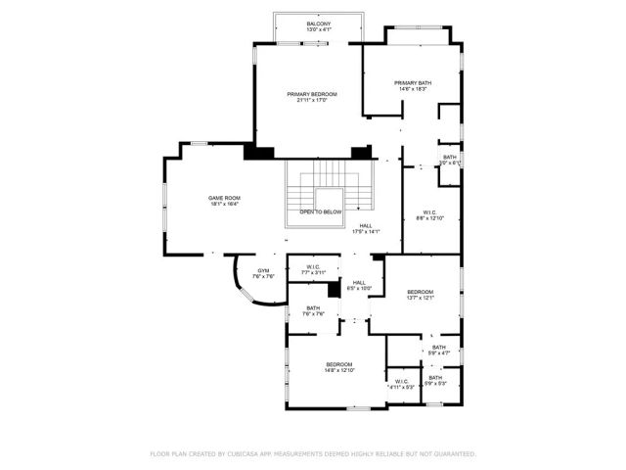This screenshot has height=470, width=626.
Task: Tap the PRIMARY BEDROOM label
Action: coord(314,94)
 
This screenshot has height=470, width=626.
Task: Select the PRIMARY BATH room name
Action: coord(413,83)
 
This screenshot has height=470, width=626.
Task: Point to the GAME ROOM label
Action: coord(224,199)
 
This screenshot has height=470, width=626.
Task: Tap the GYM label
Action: coord(263,270)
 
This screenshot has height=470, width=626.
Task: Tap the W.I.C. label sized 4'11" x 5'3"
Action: coord(402,382)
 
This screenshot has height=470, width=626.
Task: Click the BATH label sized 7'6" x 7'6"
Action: coord(312,308)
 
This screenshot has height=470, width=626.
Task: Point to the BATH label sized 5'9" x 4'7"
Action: coord(439,347)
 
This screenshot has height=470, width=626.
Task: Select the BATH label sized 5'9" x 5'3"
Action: coord(434,378)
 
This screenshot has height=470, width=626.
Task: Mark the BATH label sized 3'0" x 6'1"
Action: coord(450,157)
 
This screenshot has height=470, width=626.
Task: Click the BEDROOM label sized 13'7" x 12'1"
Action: coord(421,292)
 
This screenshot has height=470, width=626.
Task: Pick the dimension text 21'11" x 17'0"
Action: coord(312,100)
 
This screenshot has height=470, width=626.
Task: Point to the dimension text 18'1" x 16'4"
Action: coord(224,205)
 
